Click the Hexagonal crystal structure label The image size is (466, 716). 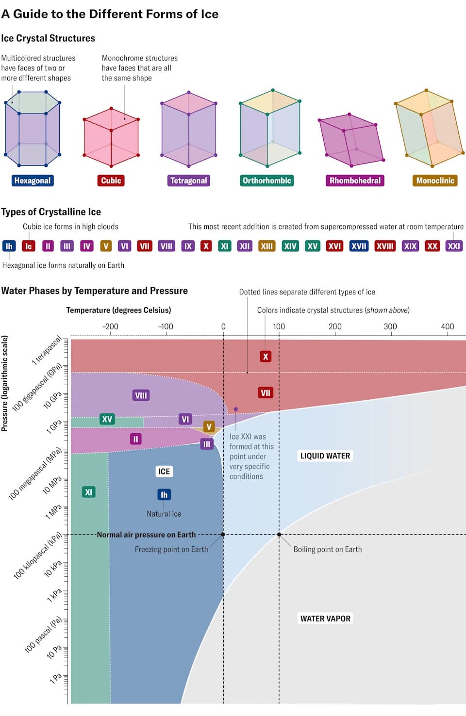coord(33,180)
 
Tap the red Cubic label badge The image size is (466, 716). coord(111,180)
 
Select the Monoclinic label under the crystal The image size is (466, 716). coord(435,180)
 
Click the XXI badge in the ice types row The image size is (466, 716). coord(453,246)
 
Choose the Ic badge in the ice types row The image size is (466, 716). coord(28,246)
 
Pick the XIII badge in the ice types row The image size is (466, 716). coord(266,246)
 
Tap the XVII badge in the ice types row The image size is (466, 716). coord(359,246)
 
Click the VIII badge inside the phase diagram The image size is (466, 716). coord(141,395)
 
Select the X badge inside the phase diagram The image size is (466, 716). coord(265,357)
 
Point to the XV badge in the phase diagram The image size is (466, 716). coord(107,419)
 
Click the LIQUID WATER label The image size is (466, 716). coord(325,456)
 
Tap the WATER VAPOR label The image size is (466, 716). coord(325,618)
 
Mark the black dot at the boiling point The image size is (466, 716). coord(279,535)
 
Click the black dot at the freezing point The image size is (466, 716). coord(223,535)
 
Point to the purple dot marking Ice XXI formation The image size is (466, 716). coord(236,409)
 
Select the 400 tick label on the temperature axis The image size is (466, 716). coord(447,326)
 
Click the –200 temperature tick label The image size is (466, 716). coord(110,326)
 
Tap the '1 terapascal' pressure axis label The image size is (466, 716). coord(47,350)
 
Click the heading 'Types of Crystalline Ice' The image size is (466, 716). coord(51,212)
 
